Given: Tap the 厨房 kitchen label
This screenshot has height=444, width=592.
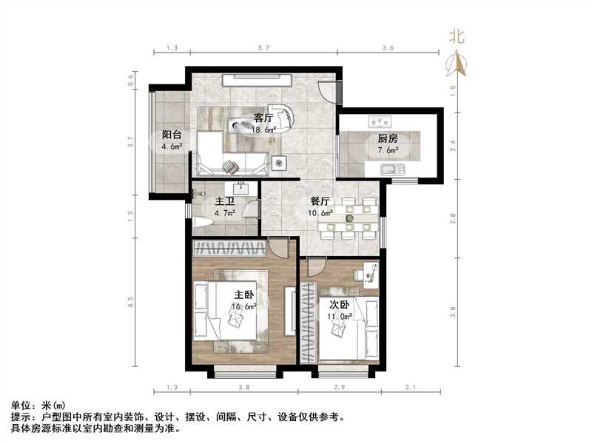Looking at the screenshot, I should coord(388,139).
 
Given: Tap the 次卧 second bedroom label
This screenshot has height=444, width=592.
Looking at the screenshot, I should coord(340,304).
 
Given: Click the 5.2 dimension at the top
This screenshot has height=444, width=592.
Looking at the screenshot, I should coord(263,48).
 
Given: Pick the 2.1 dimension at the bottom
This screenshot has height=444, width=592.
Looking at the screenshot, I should coord(411,388).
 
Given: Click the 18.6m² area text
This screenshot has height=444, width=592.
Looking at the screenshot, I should coord(264,129).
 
